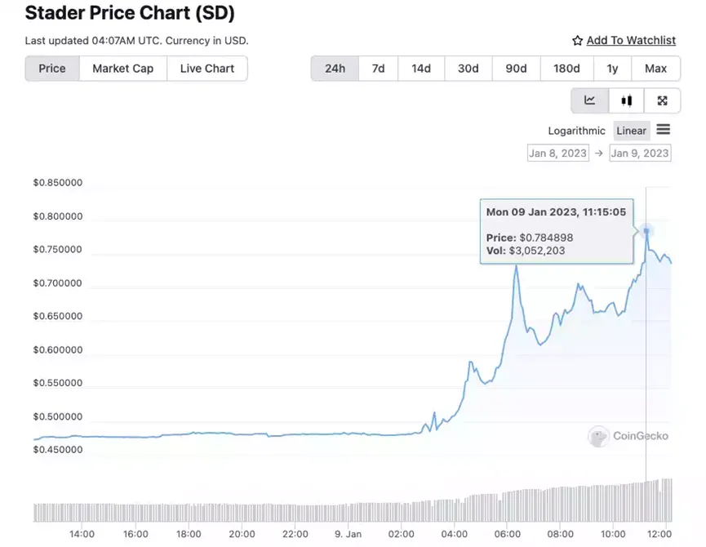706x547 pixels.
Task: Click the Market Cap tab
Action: tap(123, 69)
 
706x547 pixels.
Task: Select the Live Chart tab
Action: tap(207, 69)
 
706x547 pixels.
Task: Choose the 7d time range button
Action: tap(378, 69)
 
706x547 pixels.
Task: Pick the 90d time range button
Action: tap(516, 69)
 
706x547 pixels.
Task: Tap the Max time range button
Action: tap(655, 69)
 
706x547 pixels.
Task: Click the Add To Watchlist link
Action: tap(631, 41)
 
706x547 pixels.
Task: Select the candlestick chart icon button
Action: tap(626, 100)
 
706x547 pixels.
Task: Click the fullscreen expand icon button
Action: tap(662, 100)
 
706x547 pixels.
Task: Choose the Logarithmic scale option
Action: tap(576, 131)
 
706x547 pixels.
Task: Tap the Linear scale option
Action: tap(631, 131)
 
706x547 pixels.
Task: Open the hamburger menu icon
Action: tap(664, 130)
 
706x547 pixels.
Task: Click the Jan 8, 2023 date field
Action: tap(558, 153)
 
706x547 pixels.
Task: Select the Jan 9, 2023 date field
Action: tap(640, 153)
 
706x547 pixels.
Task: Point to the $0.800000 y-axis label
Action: tap(58, 216)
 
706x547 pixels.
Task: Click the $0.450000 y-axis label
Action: tap(58, 449)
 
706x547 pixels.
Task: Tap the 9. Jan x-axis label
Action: tap(348, 534)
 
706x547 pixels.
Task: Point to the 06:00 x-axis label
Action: tap(507, 534)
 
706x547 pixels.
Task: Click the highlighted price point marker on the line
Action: tap(646, 231)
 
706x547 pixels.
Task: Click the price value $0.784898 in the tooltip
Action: tap(546, 238)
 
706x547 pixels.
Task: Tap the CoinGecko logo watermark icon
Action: tap(598, 436)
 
